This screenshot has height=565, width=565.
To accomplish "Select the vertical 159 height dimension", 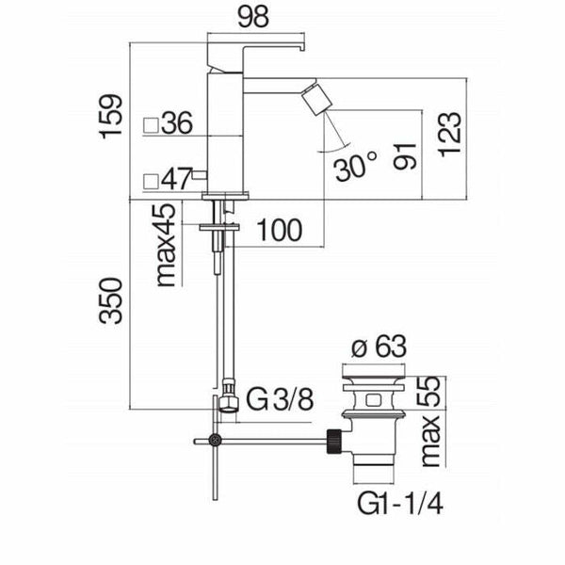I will point(112,116).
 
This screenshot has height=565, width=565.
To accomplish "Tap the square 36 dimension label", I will point(169,122).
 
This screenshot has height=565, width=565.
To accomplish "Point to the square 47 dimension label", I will point(169,177).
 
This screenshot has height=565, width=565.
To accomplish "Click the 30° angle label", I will point(355,167).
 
